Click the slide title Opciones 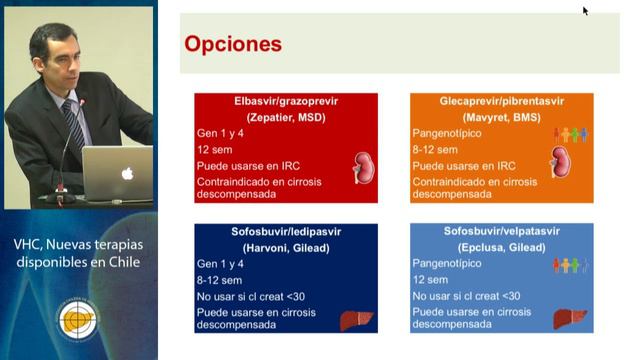tap(233, 45)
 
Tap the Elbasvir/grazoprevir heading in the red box tap(286, 102)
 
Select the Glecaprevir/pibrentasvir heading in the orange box tap(501, 102)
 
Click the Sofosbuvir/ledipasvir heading tap(286, 232)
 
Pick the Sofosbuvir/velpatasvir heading tap(501, 232)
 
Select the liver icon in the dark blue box tap(356, 320)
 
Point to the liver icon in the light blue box tap(571, 320)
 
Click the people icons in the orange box tap(571, 134)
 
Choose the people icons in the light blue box tap(571, 265)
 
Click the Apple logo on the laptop tap(127, 173)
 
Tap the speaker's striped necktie tap(74, 125)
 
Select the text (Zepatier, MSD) tap(286, 117)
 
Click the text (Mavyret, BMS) tap(501, 117)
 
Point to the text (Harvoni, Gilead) tap(286, 247)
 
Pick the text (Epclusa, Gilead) tap(501, 247)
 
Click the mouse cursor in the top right tap(585, 11)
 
